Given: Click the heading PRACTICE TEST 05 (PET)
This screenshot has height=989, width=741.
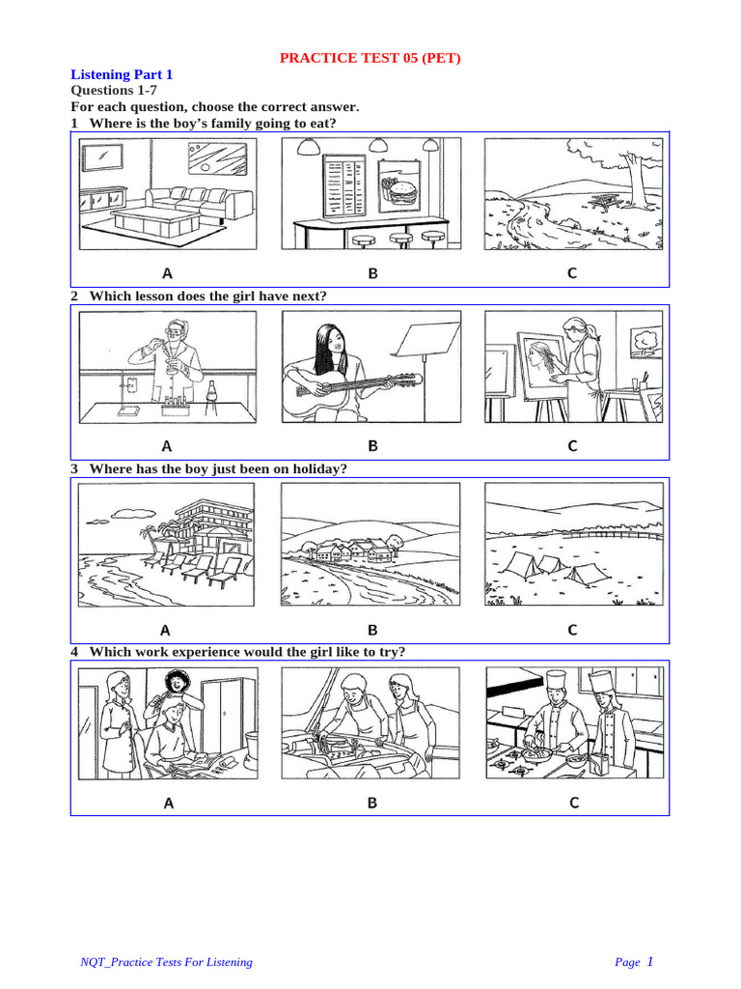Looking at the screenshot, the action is (370, 58).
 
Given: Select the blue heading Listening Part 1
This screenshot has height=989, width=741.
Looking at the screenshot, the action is (122, 74).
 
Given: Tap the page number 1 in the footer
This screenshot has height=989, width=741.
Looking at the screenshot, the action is (649, 961).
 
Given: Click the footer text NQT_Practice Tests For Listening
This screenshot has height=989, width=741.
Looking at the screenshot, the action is (166, 962).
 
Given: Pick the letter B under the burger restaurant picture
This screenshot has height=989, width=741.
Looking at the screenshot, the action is (372, 273).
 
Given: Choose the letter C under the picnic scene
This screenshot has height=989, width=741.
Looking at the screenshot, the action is (572, 273).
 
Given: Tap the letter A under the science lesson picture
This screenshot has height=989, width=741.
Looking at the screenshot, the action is (167, 446).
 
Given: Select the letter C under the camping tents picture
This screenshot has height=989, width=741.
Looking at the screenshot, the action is (572, 630).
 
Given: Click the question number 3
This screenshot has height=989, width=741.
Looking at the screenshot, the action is (74, 468).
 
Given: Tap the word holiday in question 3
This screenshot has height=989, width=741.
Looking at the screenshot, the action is (314, 468).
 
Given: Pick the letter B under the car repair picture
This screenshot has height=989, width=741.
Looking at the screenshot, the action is (372, 803).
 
